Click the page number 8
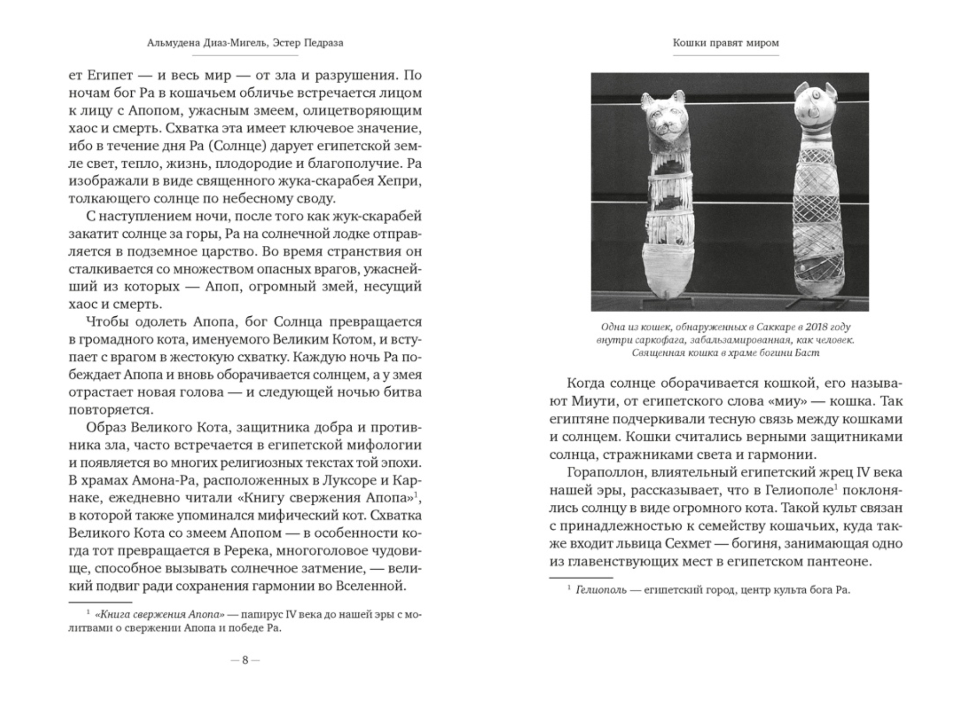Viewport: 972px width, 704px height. pos(245,660)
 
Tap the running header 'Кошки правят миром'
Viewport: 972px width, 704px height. pos(726,43)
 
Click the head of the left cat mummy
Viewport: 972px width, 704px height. pos(662,117)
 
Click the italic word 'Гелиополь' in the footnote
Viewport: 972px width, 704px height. pos(601,590)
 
